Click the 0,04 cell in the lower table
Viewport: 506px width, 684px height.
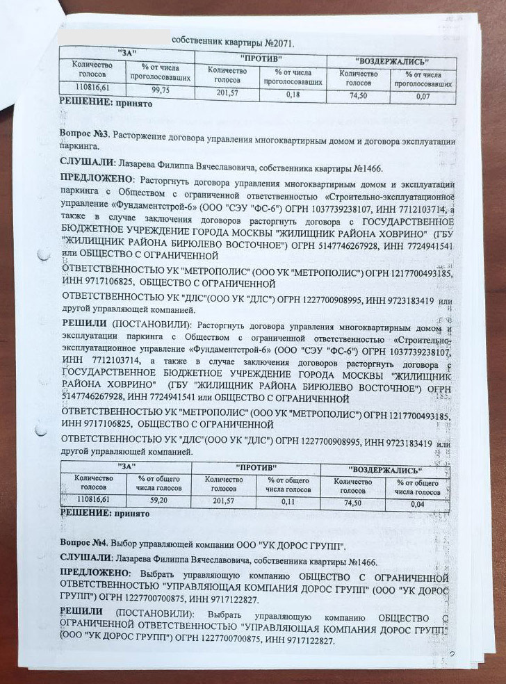[x=417, y=503]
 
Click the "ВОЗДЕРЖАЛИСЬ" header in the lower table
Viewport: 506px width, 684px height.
[x=386, y=470]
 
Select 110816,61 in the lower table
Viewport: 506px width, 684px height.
[x=95, y=499]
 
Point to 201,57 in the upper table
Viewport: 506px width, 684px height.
[x=227, y=93]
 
